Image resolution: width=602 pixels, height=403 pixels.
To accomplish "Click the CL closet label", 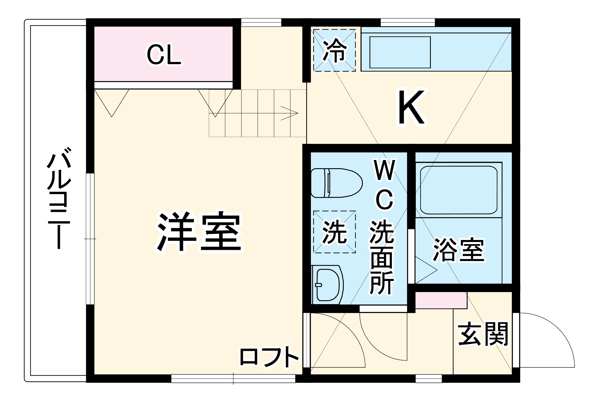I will (x=164, y=55).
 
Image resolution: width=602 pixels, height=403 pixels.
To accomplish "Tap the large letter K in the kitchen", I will (x=412, y=108).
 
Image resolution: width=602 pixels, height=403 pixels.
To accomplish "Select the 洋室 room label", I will (x=199, y=231).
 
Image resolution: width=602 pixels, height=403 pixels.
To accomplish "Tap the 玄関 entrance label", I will (x=483, y=334).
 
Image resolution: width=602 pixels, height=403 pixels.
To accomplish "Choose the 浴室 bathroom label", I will (x=459, y=250).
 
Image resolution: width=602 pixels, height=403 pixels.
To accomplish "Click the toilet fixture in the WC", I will (x=336, y=183).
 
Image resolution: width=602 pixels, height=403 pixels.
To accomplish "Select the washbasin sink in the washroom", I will (x=327, y=284).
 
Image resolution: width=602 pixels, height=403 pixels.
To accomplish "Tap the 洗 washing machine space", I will (x=334, y=231).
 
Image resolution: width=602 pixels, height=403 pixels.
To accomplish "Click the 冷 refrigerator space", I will (x=334, y=50).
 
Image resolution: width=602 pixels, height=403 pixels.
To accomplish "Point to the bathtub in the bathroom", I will (x=458, y=190).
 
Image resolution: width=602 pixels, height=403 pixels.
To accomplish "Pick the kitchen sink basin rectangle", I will (x=400, y=52).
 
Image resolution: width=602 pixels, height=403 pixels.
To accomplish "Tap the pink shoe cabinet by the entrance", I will (x=441, y=300).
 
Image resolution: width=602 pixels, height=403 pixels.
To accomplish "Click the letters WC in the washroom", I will (x=384, y=184).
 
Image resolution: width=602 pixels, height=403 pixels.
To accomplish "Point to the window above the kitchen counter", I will (x=407, y=22).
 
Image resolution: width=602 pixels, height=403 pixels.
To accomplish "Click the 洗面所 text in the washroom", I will (x=382, y=258).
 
